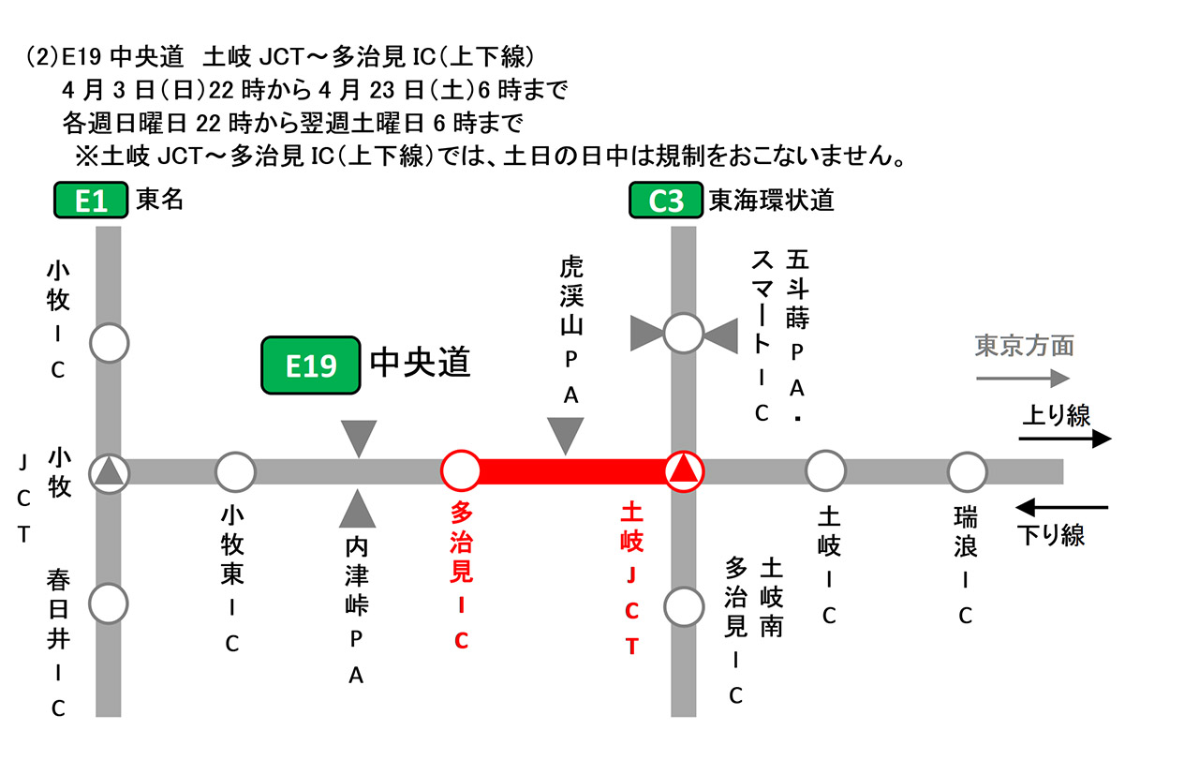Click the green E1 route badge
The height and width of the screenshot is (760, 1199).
point(91,201)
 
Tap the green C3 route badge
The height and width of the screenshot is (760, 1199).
point(665,201)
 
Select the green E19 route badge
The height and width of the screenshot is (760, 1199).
point(312,365)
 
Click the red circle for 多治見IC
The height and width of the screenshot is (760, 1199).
point(460,470)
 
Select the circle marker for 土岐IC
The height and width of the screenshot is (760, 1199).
point(825,471)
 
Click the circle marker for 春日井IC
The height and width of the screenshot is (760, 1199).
point(109,603)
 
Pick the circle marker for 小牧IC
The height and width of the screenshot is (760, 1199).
point(110,344)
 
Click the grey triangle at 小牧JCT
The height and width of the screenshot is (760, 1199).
point(110,471)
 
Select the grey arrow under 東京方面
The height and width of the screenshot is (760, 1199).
point(1022,379)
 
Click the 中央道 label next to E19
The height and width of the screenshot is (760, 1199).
point(420,363)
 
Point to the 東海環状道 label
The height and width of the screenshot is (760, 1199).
point(771,201)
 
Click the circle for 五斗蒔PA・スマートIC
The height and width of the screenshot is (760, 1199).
point(684,332)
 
